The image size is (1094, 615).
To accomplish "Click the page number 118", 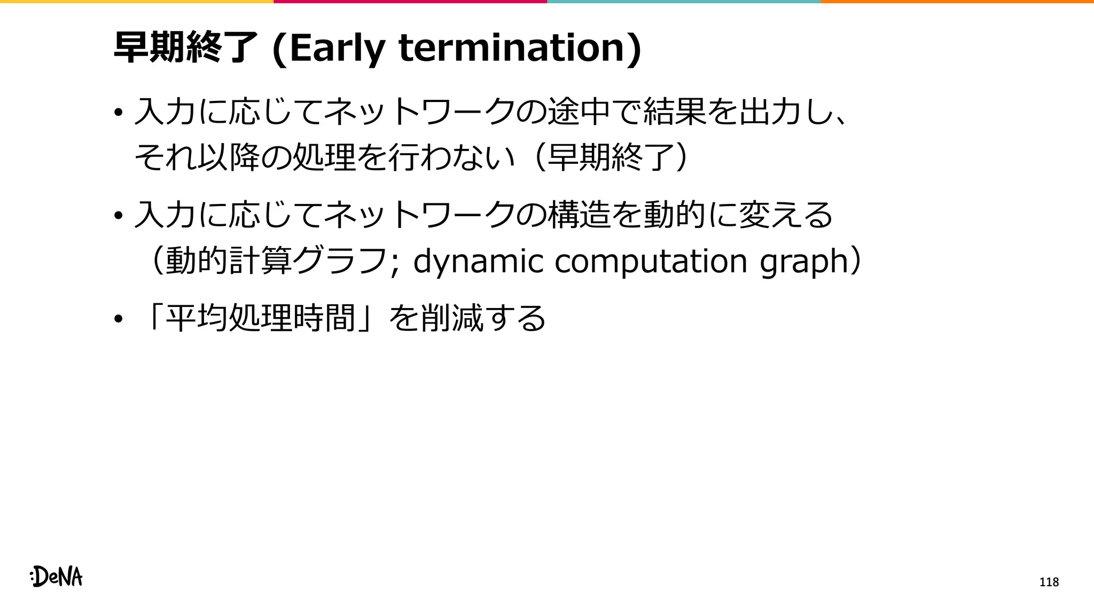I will tap(1049, 582).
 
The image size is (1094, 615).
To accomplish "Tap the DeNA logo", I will tap(57, 577).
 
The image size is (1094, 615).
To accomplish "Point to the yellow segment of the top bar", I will tap(137, 2).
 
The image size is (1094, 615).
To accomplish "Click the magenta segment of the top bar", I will tap(410, 2).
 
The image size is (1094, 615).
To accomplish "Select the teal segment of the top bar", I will tap(684, 2).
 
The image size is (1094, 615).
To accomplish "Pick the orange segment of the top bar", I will tap(957, 2).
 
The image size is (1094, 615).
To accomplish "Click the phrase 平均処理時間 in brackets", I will tap(260, 318).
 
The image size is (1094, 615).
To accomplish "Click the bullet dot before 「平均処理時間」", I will tap(118, 320).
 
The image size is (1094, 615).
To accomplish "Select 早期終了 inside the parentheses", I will tap(611, 157).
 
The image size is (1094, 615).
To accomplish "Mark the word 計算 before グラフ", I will tap(260, 262).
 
